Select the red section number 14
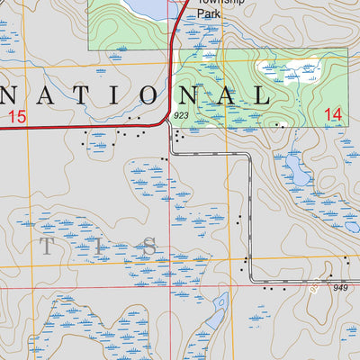click(x=333, y=113)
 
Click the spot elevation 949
click(x=339, y=288)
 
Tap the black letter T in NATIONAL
click(x=70, y=95)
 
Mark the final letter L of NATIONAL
click(x=262, y=95)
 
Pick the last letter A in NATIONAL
click(x=227, y=95)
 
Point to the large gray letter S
click(x=150, y=246)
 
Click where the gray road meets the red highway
click(x=169, y=123)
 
